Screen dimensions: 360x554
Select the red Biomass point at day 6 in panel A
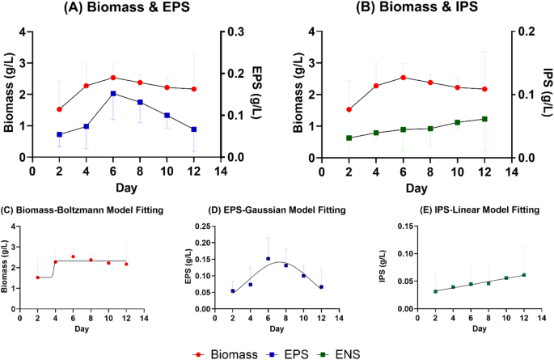pos(113,78)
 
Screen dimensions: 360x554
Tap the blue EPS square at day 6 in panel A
pos(113,94)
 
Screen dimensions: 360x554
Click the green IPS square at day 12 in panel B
pos(484,119)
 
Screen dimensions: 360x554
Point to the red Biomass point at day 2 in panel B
pos(349,109)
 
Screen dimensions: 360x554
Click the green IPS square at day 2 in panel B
pos(349,138)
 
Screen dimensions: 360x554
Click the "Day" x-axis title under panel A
pos(125,188)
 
